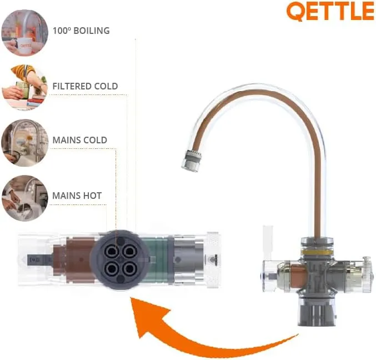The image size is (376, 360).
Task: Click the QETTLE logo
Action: [330, 11]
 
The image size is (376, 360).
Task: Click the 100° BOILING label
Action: [81, 31]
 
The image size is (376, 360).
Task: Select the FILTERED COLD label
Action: [85, 86]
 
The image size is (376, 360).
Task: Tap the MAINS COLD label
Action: [79, 140]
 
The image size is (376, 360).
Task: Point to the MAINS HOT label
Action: [77, 196]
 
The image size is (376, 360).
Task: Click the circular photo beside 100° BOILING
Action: [24, 33]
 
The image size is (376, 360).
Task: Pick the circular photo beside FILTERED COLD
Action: [24, 87]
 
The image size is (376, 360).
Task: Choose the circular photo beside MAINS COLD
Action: [24, 143]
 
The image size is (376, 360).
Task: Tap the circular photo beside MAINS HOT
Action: [24, 198]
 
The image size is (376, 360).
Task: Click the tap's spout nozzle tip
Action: [191, 161]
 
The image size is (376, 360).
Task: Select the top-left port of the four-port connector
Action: [112, 252]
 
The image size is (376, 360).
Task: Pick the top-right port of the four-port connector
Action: [130, 251]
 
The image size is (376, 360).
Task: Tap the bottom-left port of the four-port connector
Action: [112, 269]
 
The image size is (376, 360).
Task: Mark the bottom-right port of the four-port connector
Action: [130, 269]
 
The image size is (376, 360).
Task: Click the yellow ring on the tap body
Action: [317, 252]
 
